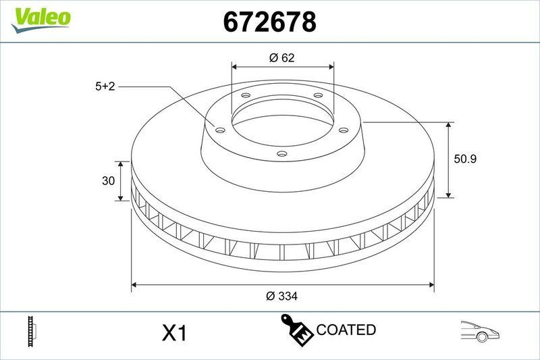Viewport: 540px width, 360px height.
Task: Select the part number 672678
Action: point(269,22)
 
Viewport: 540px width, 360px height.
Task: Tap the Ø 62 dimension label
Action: point(281,58)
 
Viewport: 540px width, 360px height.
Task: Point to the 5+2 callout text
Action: point(106,86)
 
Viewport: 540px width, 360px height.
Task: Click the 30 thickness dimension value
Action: point(106,181)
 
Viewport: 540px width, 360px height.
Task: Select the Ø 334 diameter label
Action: point(281,296)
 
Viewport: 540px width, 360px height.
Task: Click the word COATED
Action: point(346,330)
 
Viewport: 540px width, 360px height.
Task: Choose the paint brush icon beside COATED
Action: point(296,330)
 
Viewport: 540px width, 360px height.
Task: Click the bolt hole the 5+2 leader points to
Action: point(219,130)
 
